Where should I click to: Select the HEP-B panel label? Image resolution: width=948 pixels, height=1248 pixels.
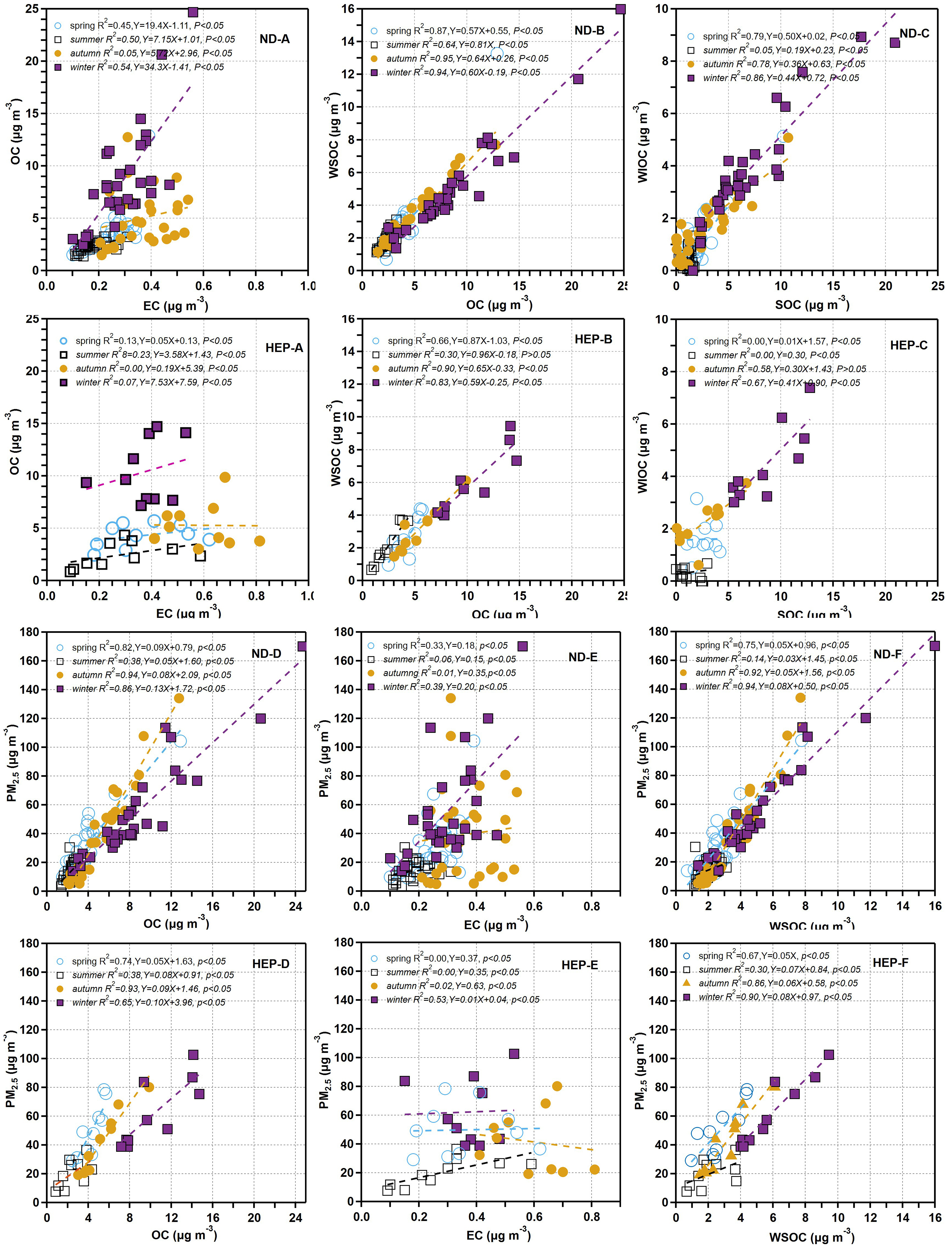(x=593, y=339)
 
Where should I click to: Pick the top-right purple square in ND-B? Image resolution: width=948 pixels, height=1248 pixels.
(x=620, y=9)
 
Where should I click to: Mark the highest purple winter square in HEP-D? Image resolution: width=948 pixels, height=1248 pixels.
(x=193, y=1054)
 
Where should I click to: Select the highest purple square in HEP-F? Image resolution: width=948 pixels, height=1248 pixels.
(x=828, y=1054)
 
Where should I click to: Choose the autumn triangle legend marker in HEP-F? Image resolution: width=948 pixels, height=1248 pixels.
(x=687, y=982)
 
